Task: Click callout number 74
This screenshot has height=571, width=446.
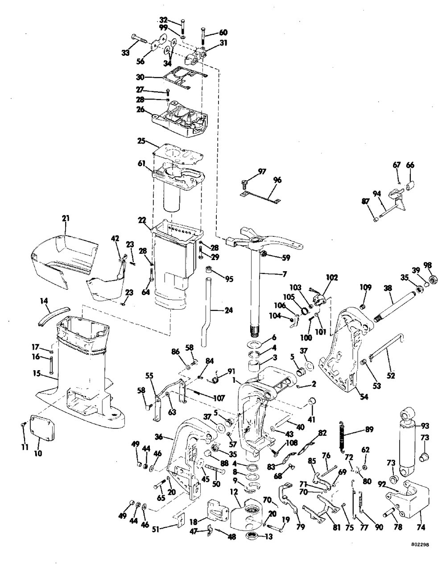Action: [420, 520]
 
